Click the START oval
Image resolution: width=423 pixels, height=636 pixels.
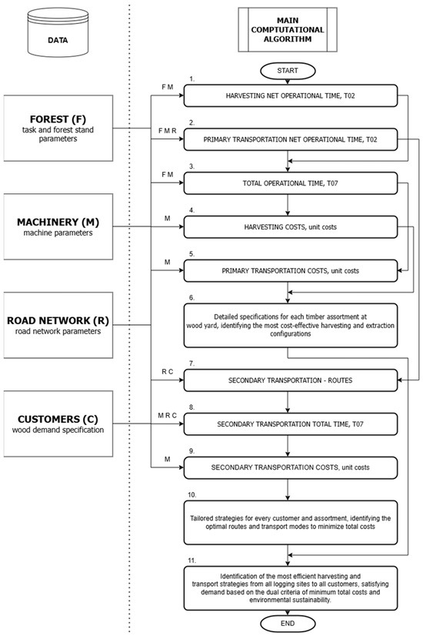point(288,71)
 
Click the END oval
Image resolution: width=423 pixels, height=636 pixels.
point(288,624)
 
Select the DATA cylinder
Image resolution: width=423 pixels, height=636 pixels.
point(58,33)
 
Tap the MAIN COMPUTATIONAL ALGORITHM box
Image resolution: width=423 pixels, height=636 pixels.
point(288,29)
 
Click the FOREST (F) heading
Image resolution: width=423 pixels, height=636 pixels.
point(58,119)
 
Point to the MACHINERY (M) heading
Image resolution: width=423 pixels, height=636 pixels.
point(58,222)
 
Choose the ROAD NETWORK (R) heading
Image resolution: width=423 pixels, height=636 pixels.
point(58,320)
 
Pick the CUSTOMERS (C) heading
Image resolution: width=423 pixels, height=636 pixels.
point(58,419)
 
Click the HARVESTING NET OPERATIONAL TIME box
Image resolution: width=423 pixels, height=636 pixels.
point(291,95)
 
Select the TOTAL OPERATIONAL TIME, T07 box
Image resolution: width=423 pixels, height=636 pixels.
point(291,183)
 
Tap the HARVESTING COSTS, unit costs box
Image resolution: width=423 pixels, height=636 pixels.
point(291,227)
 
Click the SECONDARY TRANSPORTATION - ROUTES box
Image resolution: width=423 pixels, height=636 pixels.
point(291,380)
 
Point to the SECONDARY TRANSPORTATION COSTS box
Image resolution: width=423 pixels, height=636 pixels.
point(291,467)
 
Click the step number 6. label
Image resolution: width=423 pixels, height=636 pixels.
point(192,298)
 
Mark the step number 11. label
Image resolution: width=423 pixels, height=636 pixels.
point(192,561)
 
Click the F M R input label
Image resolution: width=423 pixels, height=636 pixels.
point(168,131)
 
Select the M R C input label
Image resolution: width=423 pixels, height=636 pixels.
point(168,416)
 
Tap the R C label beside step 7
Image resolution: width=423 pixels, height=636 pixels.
point(168,372)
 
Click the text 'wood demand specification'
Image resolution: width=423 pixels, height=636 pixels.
point(58,430)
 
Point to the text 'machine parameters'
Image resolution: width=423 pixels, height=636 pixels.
point(58,233)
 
